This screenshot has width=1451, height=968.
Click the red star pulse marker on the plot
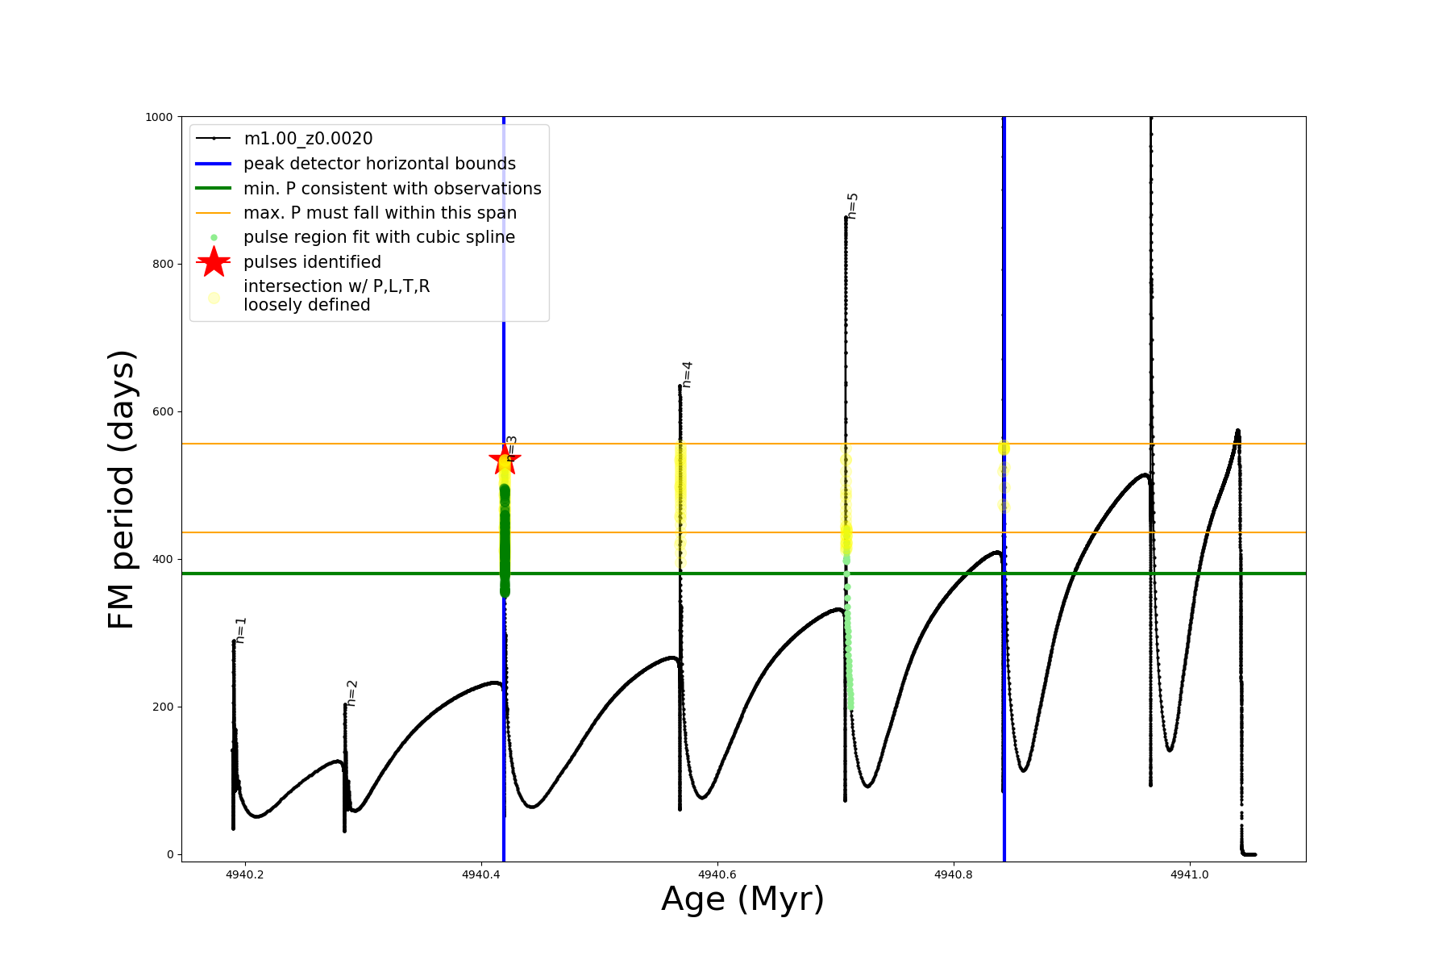pyautogui.click(x=505, y=460)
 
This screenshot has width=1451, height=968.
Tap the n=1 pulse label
pyautogui.click(x=240, y=630)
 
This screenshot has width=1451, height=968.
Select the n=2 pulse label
pyautogui.click(x=351, y=693)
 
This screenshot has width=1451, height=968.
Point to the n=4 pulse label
pyautogui.click(x=687, y=374)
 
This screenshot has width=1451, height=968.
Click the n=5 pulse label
pyautogui.click(x=852, y=206)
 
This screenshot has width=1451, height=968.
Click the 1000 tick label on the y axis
pyautogui.click(x=159, y=117)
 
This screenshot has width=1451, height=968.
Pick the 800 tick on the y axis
pyautogui.click(x=162, y=264)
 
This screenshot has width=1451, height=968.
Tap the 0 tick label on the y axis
pyautogui.click(x=170, y=854)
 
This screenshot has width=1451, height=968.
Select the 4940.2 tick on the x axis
pyautogui.click(x=244, y=874)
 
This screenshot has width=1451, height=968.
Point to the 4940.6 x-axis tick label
pyautogui.click(x=717, y=874)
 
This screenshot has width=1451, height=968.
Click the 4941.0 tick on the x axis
pyautogui.click(x=1189, y=874)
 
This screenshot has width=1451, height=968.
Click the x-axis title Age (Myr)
pyautogui.click(x=742, y=899)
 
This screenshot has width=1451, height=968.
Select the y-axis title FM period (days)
pyautogui.click(x=121, y=489)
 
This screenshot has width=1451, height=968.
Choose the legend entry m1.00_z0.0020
pyautogui.click(x=308, y=139)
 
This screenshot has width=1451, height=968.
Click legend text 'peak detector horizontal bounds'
pyautogui.click(x=379, y=164)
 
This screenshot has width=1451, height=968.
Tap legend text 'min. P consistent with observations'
pyautogui.click(x=392, y=189)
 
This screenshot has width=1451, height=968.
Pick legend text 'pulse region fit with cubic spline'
pyautogui.click(x=379, y=237)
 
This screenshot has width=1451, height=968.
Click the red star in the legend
pyautogui.click(x=214, y=261)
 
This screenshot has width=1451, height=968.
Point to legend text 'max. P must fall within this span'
pyautogui.click(x=380, y=213)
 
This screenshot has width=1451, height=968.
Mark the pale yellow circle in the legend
pyautogui.click(x=214, y=298)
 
